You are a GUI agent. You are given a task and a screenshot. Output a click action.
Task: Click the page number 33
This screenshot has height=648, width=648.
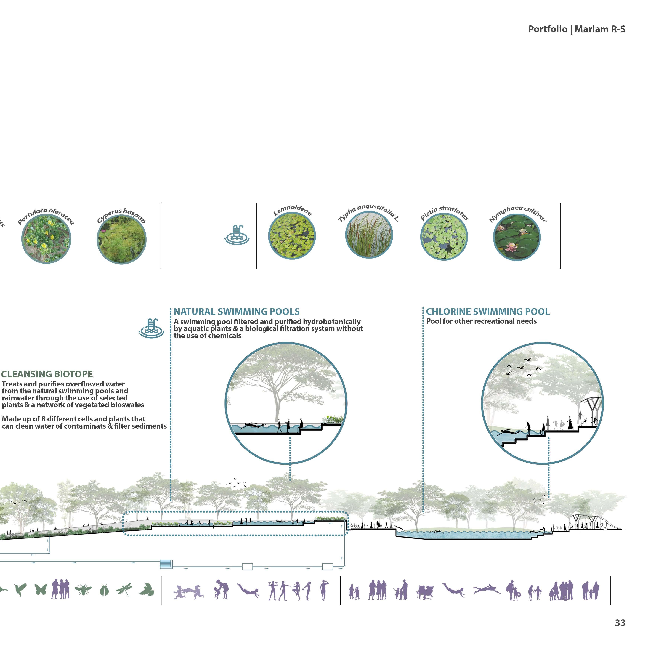pyautogui.click(x=620, y=623)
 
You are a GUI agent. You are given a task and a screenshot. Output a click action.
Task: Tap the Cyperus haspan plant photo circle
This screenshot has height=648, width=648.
pyautogui.click(x=121, y=240)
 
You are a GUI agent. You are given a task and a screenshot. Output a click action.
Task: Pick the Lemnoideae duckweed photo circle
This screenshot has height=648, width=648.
pyautogui.click(x=292, y=236)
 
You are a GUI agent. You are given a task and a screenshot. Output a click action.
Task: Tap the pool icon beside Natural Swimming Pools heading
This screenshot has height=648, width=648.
pyautogui.click(x=152, y=328)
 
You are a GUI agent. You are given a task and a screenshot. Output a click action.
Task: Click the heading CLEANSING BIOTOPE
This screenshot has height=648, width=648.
pyautogui.click(x=47, y=374)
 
